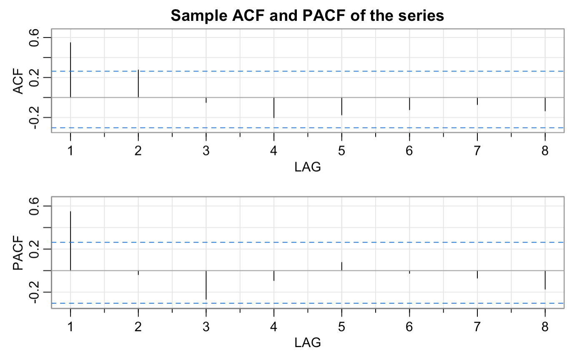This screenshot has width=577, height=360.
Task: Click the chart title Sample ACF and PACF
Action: pyautogui.click(x=308, y=16)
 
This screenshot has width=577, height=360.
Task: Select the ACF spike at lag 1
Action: pyautogui.click(x=70, y=70)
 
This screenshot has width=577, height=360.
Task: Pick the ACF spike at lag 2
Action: pyautogui.click(x=138, y=83)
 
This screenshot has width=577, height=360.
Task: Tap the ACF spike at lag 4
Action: pyautogui.click(x=274, y=107)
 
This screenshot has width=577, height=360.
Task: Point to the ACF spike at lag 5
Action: pyautogui.click(x=342, y=106)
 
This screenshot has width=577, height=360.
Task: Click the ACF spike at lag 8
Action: pyautogui.click(x=545, y=104)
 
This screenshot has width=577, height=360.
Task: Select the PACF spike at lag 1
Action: pyautogui.click(x=70, y=241)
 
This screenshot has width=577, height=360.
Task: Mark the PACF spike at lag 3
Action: pyautogui.click(x=206, y=285)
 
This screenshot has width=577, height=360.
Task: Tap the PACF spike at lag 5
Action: pyautogui.click(x=342, y=266)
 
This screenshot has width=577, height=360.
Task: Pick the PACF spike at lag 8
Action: pyautogui.click(x=545, y=280)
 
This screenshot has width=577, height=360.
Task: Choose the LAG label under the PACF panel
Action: pyautogui.click(x=308, y=343)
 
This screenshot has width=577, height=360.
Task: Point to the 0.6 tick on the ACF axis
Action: pyautogui.click(x=35, y=37)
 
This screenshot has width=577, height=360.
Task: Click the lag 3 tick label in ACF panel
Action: pyautogui.click(x=206, y=150)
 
